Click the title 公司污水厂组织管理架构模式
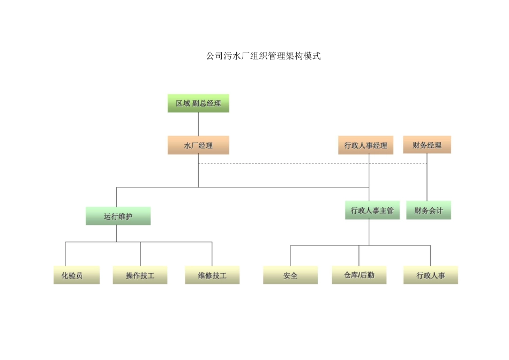pyautogui.click(x=263, y=56)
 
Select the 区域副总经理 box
pyautogui.click(x=198, y=103)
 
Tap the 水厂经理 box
pyautogui.click(x=198, y=145)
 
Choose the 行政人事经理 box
pyautogui.click(x=366, y=145)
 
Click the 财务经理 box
pyautogui.click(x=427, y=145)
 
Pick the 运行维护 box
pyautogui.click(x=118, y=216)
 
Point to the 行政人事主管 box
pyautogui.click(x=372, y=211)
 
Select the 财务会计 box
pyautogui.click(x=429, y=211)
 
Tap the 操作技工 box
pyautogui.click(x=140, y=275)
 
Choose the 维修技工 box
pyautogui.click(x=212, y=275)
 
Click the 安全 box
pyautogui.click(x=290, y=275)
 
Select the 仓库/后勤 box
pyautogui.click(x=359, y=275)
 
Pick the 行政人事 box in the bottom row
pyautogui.click(x=430, y=275)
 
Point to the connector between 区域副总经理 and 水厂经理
pyautogui.click(x=198, y=124)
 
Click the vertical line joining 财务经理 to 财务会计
pyautogui.click(x=427, y=182)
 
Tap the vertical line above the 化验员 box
pyautogui.click(x=65, y=254)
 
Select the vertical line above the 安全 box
pyautogui.click(x=290, y=256)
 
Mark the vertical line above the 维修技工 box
pyautogui.click(x=212, y=254)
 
